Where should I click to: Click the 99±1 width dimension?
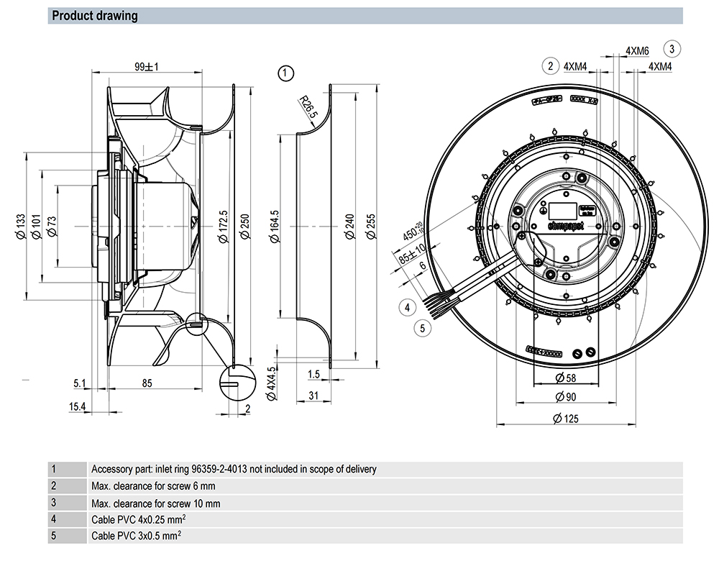pyautogui.click(x=146, y=67)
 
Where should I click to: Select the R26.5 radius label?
pyautogui.click(x=308, y=109)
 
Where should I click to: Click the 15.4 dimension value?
pyautogui.click(x=78, y=408)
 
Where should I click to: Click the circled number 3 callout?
pyautogui.click(x=672, y=49)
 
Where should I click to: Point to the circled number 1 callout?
pyautogui.click(x=286, y=73)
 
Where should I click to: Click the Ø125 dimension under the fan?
pyautogui.click(x=562, y=419)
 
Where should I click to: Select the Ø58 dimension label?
pyautogui.click(x=562, y=378)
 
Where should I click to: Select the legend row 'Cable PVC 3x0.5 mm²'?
pyautogui.click(x=137, y=536)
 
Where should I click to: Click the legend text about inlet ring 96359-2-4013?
pyautogui.click(x=234, y=470)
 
